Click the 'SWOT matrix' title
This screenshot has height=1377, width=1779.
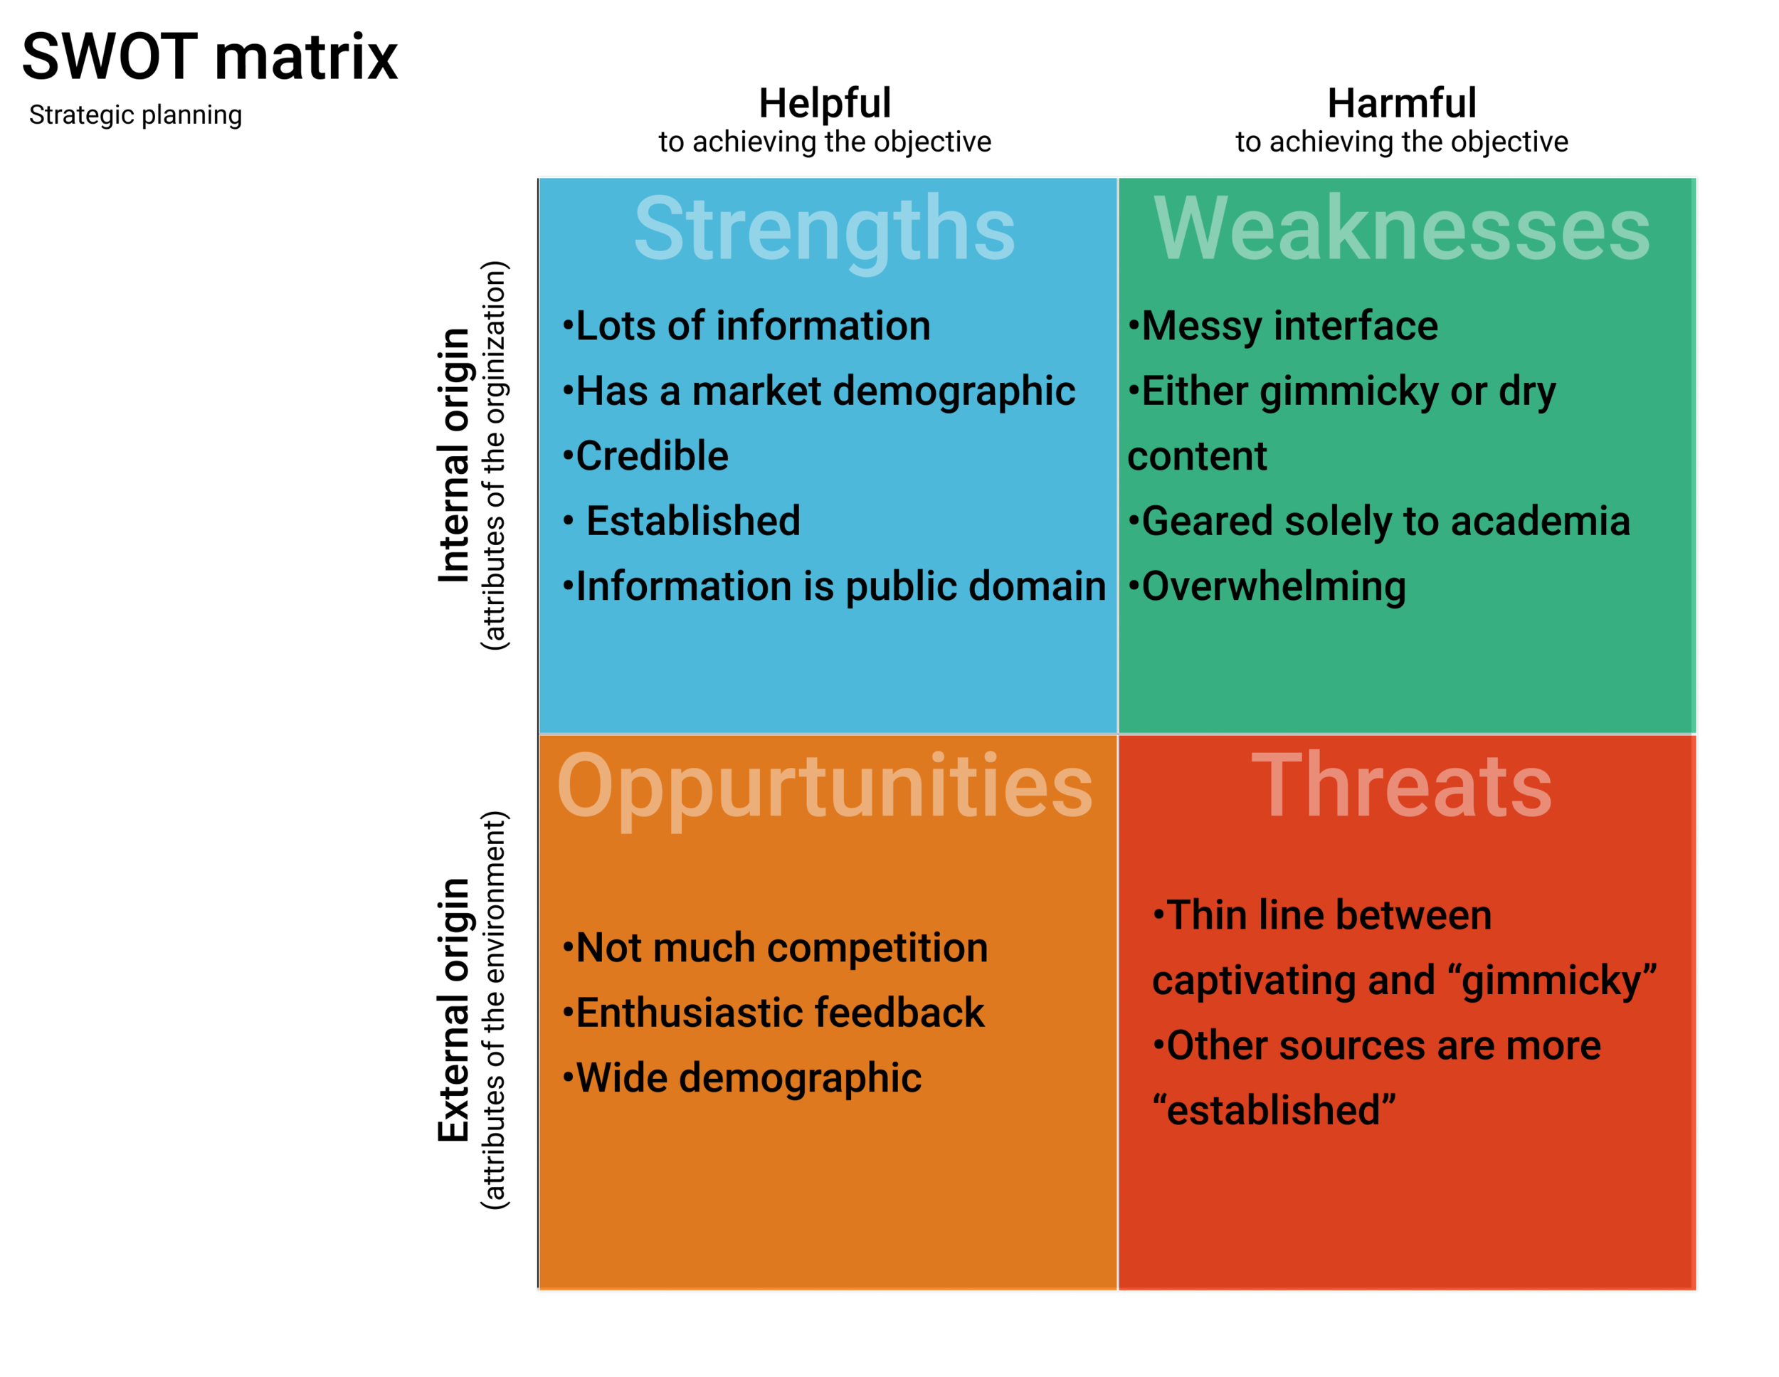209,57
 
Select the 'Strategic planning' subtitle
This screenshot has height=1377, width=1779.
135,115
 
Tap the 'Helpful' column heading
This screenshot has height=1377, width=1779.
824,103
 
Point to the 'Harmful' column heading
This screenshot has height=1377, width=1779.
1401,103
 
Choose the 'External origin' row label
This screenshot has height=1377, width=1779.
454,1010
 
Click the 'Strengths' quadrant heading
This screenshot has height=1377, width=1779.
824,229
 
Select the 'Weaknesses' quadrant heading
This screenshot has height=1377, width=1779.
1401,229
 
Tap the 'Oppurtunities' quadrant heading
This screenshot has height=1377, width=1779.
824,786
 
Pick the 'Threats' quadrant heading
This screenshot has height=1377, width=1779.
1401,786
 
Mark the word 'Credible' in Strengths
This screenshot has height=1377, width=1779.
652,456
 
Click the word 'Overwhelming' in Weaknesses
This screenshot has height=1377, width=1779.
1273,586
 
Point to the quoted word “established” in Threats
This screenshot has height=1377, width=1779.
1274,1111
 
